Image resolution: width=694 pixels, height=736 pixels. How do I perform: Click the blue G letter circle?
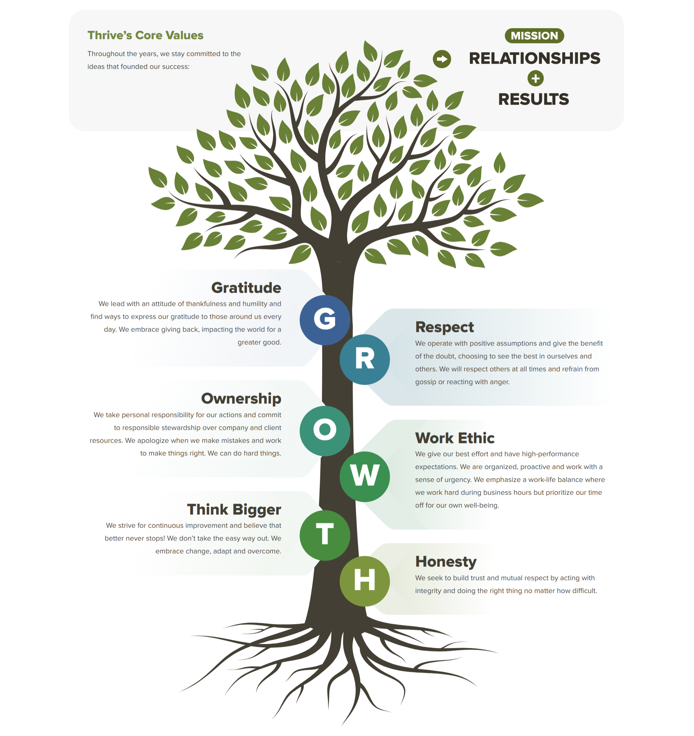(x=324, y=320)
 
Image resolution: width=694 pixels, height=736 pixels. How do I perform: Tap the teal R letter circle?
(x=364, y=359)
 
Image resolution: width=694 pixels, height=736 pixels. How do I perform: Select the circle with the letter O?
(x=324, y=431)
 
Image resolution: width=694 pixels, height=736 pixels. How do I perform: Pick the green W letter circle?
(x=364, y=476)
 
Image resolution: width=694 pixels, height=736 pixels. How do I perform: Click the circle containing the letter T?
(x=324, y=535)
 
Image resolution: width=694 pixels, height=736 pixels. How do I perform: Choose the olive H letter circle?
(x=364, y=581)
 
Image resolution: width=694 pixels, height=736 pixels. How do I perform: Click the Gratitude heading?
(x=246, y=288)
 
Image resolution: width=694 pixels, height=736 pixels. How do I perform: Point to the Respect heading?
(x=444, y=327)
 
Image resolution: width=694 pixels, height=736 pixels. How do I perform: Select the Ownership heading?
(x=241, y=398)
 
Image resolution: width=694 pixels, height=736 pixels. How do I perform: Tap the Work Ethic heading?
(x=454, y=438)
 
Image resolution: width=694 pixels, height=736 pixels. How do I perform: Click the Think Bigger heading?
(x=234, y=509)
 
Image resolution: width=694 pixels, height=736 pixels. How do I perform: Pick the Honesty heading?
(x=446, y=561)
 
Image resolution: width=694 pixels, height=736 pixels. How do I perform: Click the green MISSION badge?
(x=534, y=36)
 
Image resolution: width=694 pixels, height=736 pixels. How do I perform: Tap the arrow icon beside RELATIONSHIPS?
(x=441, y=59)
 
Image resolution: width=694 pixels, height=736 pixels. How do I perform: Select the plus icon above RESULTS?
(x=535, y=78)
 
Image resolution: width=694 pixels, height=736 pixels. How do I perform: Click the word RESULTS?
(x=533, y=99)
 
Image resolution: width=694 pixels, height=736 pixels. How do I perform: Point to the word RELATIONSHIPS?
(x=534, y=59)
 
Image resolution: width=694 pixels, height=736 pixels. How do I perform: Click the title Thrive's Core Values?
(x=145, y=35)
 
